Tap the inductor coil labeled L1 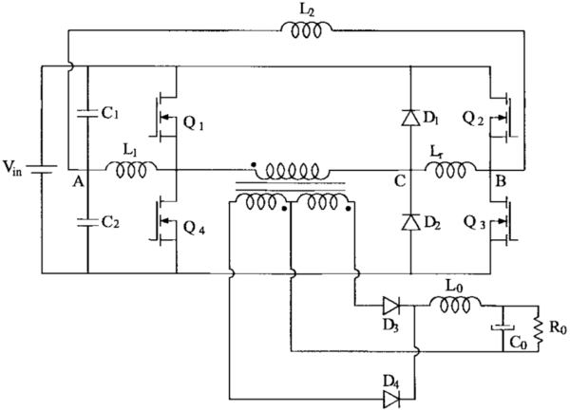pyautogui.click(x=132, y=171)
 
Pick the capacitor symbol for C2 pyautogui.click(x=87, y=224)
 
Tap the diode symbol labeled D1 pyautogui.click(x=409, y=118)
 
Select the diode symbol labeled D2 pyautogui.click(x=409, y=224)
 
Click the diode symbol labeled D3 pyautogui.click(x=390, y=305)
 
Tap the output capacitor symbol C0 pyautogui.click(x=501, y=328)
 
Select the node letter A pyautogui.click(x=75, y=186)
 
